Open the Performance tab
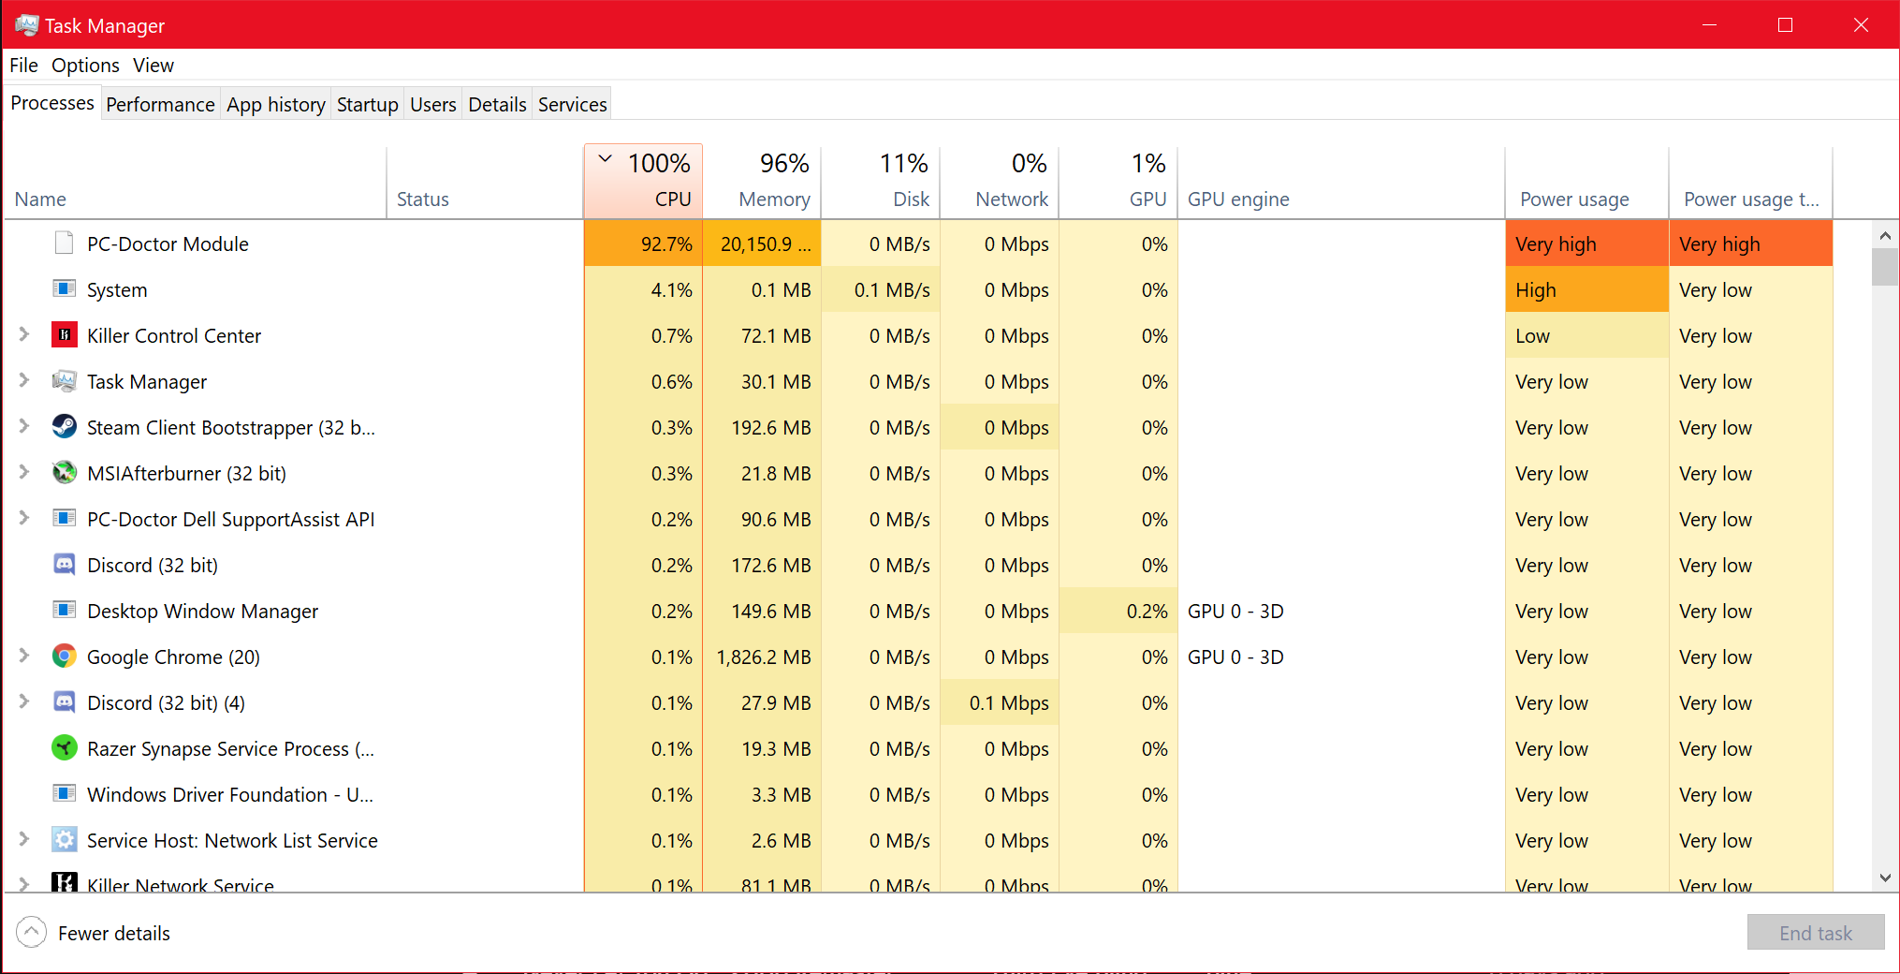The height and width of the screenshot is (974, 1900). click(160, 104)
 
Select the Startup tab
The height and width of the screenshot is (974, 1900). click(367, 104)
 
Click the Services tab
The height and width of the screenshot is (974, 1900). click(572, 104)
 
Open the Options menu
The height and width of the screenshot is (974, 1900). click(85, 66)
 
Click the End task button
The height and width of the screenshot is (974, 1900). click(1815, 933)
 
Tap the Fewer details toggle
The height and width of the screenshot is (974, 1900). click(94, 933)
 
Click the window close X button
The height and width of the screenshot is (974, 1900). click(1861, 25)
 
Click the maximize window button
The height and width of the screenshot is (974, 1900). click(1785, 25)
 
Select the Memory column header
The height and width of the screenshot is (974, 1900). click(762, 182)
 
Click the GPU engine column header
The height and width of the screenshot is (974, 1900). click(1238, 199)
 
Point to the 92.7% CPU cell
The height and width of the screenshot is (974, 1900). click(665, 244)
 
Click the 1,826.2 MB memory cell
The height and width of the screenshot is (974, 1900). click(763, 657)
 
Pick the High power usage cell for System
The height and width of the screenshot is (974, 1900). click(1586, 290)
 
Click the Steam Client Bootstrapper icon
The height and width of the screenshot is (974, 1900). click(64, 427)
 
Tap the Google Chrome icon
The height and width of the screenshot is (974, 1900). click(64, 657)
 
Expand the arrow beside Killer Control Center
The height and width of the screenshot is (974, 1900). click(24, 335)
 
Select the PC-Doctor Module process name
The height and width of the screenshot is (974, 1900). click(168, 244)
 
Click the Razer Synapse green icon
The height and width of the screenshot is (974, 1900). click(64, 748)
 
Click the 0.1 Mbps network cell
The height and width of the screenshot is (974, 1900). click(1008, 703)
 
